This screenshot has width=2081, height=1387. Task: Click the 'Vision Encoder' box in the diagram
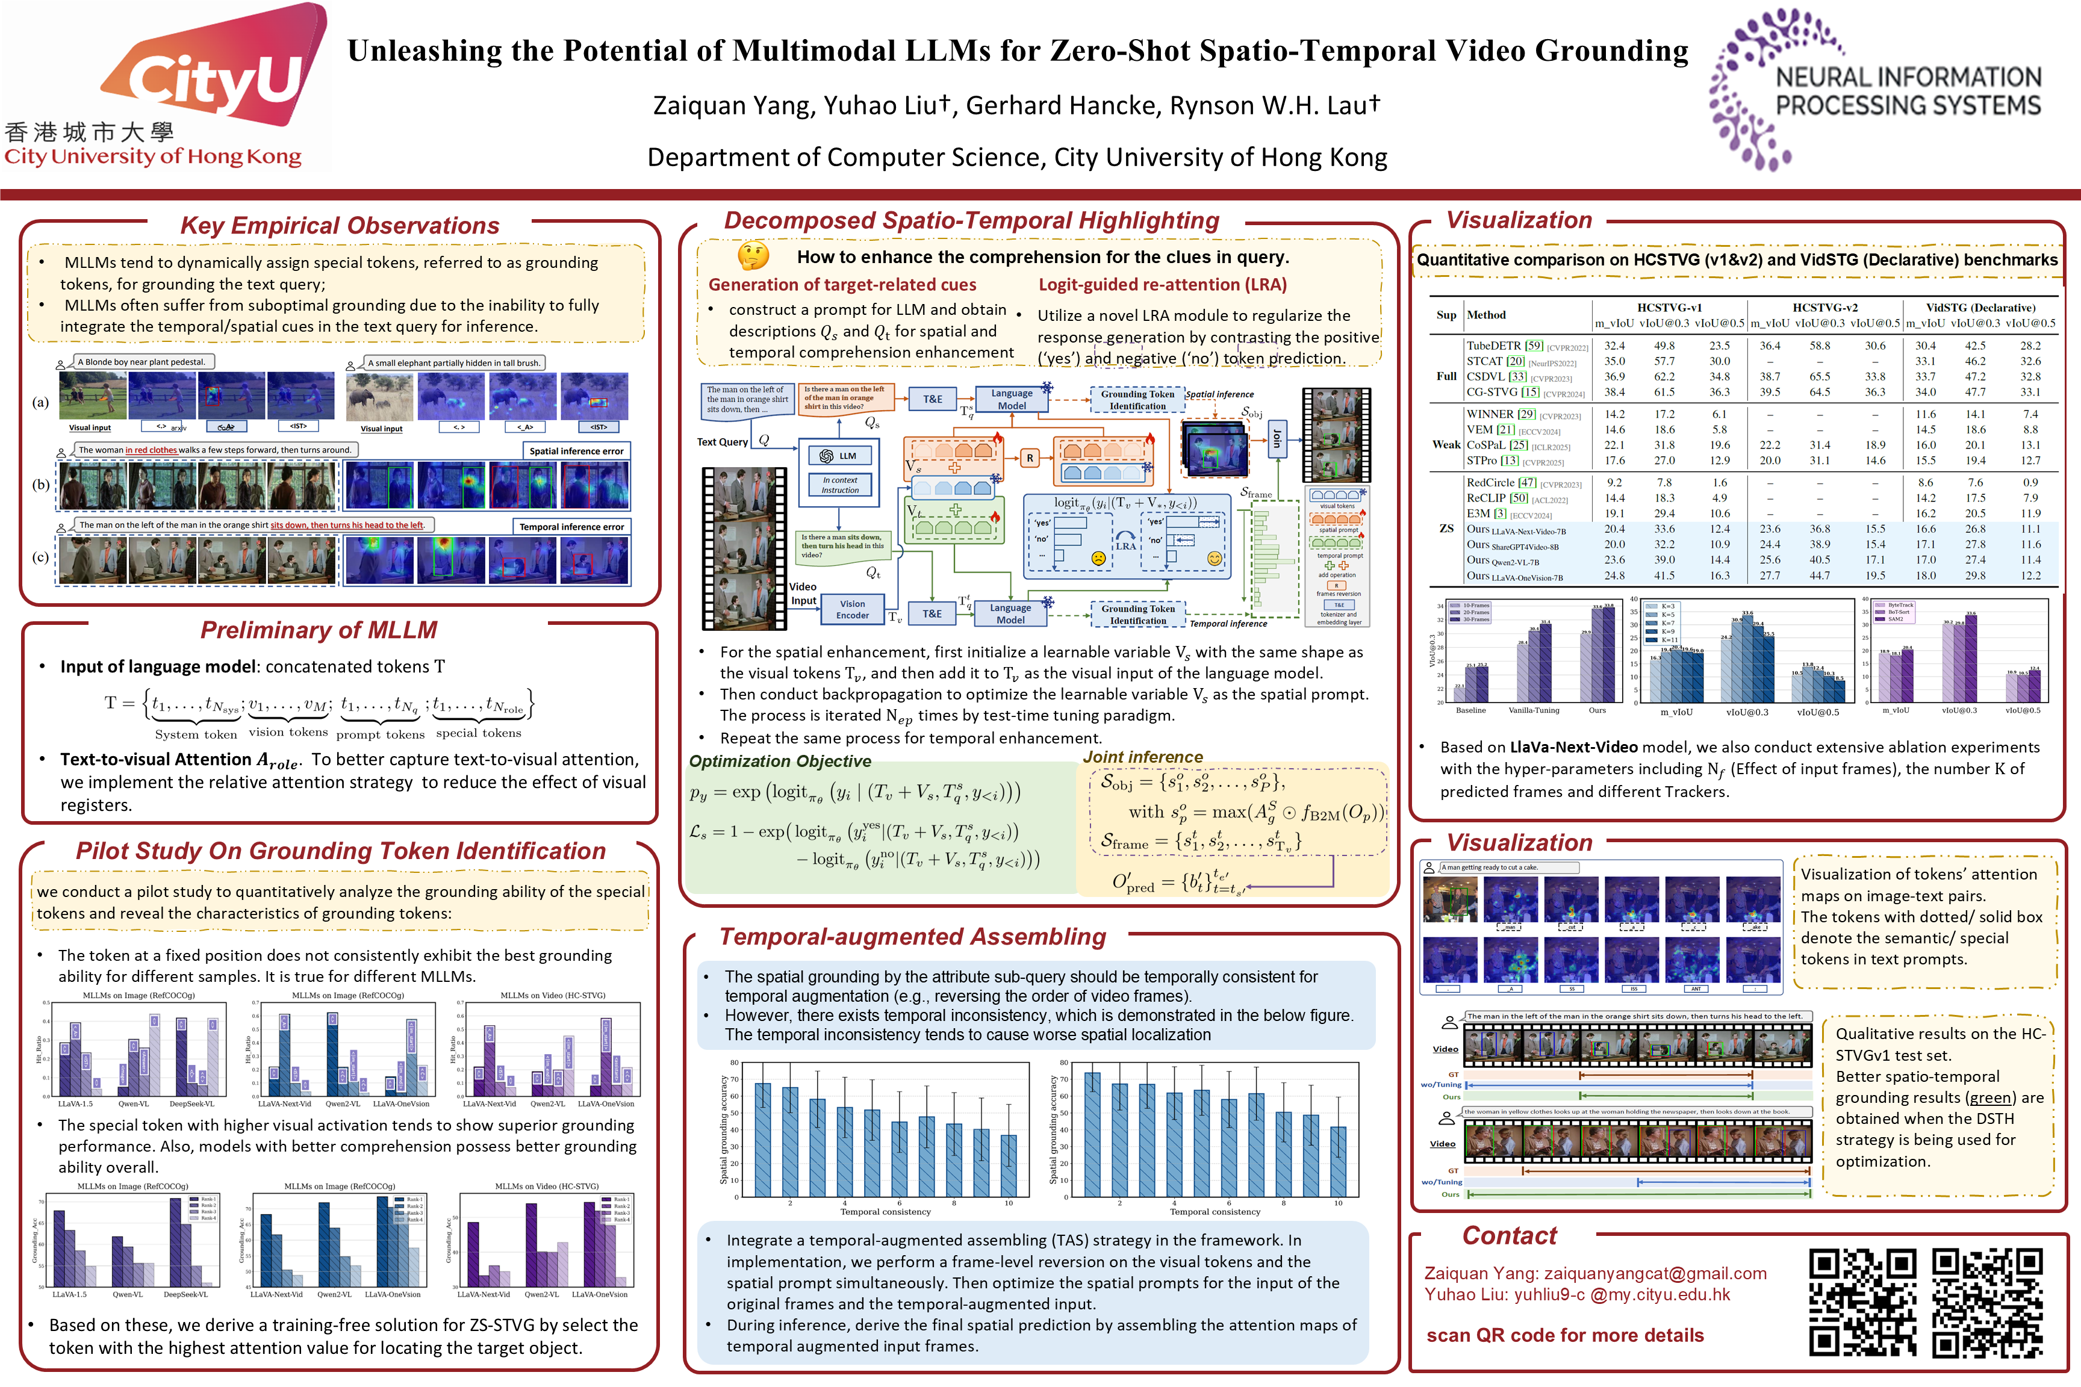tap(852, 609)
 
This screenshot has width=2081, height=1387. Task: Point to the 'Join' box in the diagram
tap(1277, 439)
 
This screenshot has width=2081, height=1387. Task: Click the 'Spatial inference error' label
tap(576, 451)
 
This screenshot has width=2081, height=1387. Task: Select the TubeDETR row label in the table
tap(1493, 346)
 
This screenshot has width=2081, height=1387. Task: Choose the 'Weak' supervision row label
tap(1446, 445)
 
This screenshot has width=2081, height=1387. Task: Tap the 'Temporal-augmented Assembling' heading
tap(912, 937)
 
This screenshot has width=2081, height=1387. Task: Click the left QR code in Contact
tap(1862, 1302)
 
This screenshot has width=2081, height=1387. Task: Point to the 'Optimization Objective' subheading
tap(780, 762)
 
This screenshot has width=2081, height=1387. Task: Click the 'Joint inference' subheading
tap(1142, 757)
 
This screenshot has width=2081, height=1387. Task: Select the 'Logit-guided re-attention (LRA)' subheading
tap(1162, 285)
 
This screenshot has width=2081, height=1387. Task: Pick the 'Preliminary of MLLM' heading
tap(319, 630)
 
